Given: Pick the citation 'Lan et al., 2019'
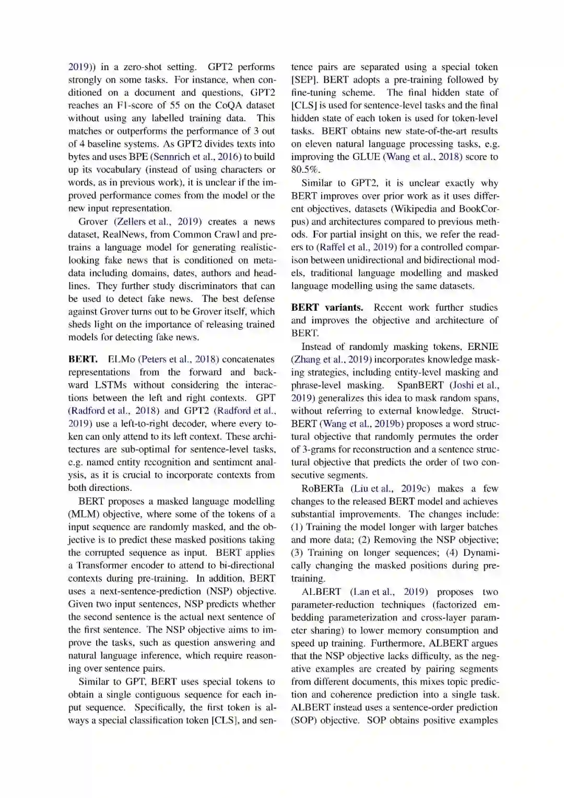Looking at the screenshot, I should [x=389, y=592].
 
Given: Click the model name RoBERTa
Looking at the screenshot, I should [x=322, y=488].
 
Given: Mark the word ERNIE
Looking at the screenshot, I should [x=483, y=346].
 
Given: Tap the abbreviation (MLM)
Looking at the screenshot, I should [x=82, y=514].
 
